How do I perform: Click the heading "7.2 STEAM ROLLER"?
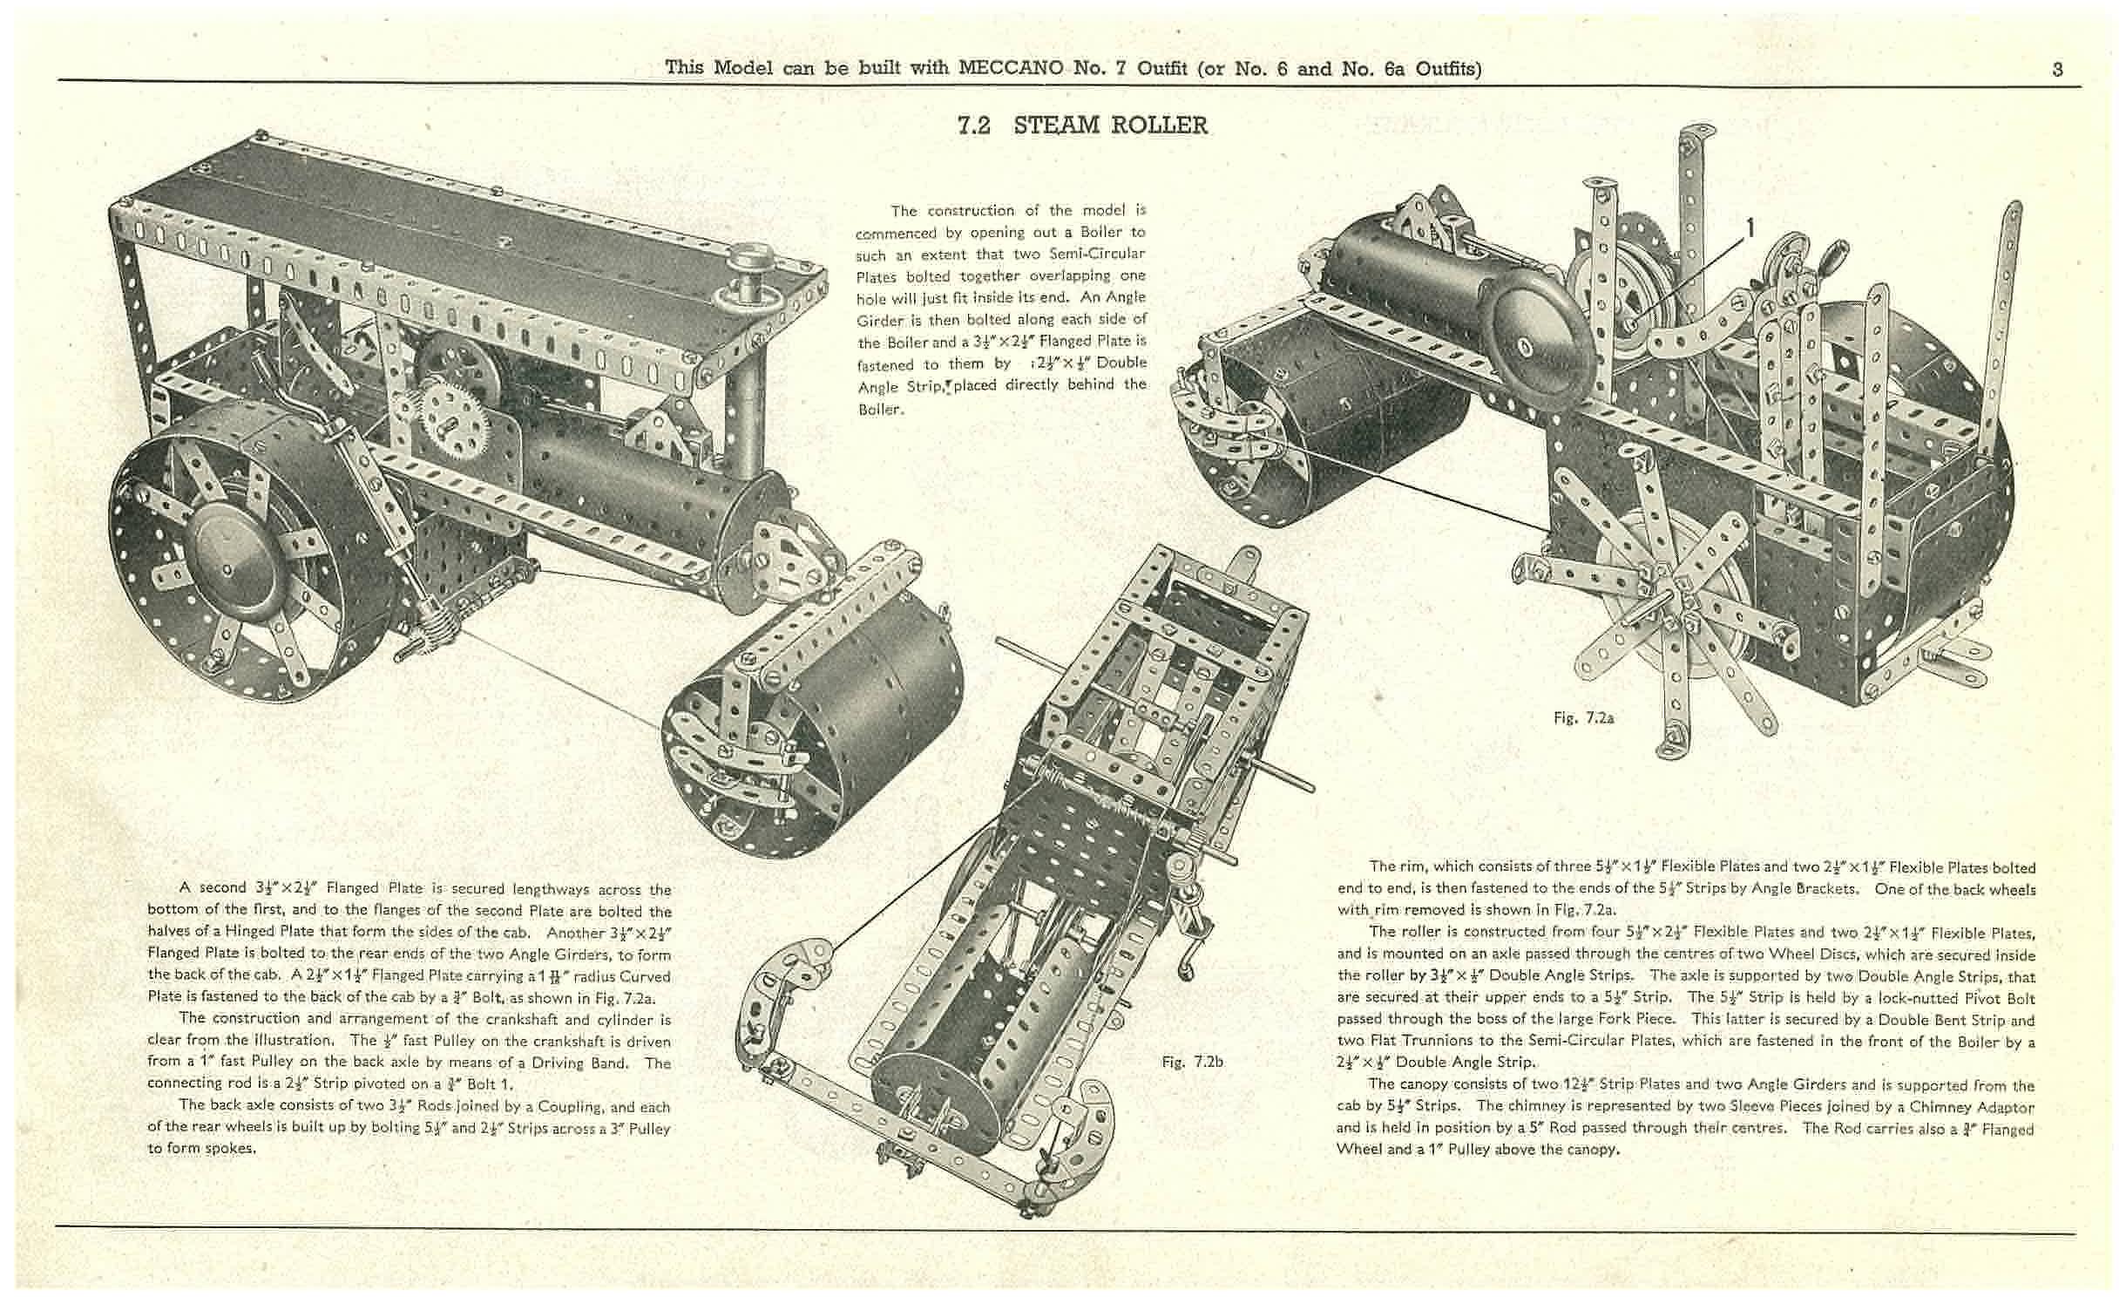[x=1082, y=126]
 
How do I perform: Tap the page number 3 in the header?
[x=2057, y=70]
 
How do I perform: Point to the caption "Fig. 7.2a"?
[x=1583, y=718]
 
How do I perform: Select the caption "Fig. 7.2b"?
[x=1192, y=1062]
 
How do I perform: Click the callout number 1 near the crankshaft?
[x=1748, y=228]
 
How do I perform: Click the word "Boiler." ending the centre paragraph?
[x=880, y=409]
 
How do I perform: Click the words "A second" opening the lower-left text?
[x=213, y=887]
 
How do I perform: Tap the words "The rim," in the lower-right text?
[x=1397, y=866]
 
